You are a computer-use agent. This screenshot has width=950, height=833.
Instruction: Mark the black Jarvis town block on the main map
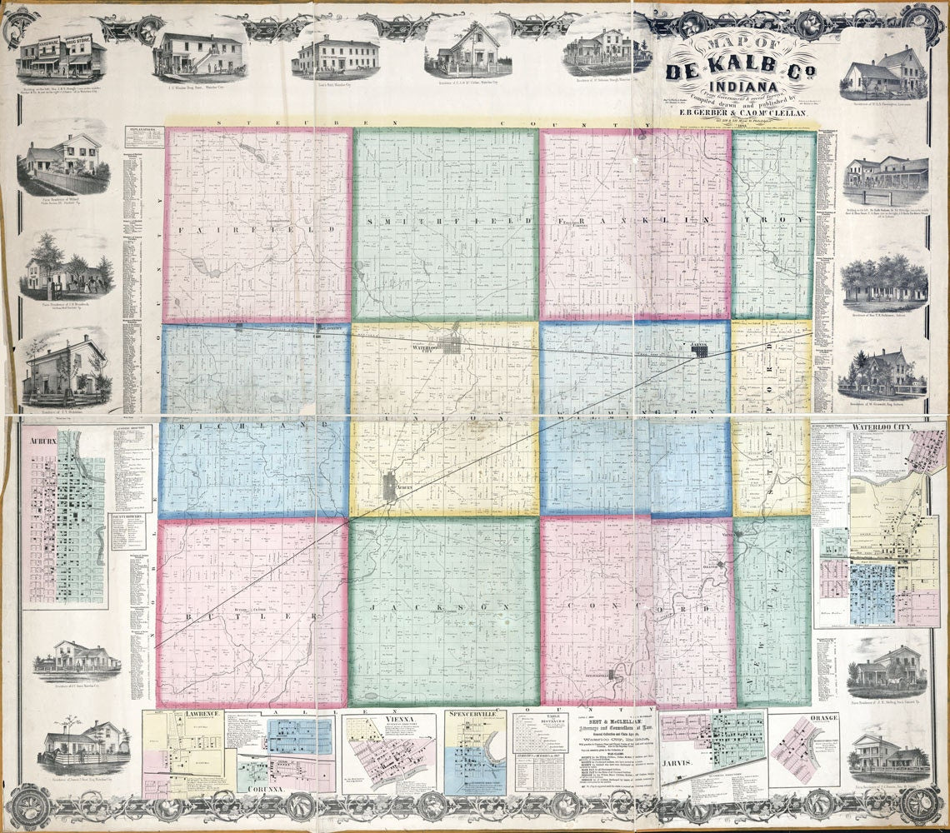click(x=700, y=352)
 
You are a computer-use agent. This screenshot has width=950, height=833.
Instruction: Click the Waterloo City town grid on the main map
click(x=452, y=344)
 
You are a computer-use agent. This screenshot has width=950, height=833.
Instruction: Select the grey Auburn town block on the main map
click(x=389, y=487)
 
